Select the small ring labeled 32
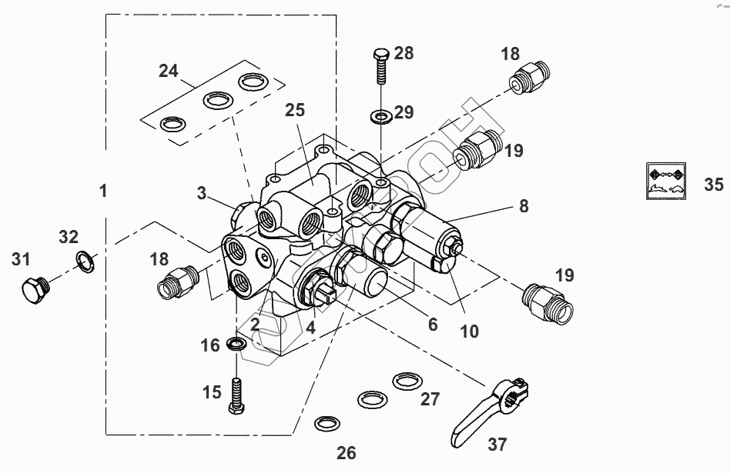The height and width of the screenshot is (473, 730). [x=86, y=262]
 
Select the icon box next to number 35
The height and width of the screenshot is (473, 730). [x=664, y=182]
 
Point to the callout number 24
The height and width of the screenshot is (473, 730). [x=168, y=72]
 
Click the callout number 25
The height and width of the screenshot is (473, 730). [x=294, y=110]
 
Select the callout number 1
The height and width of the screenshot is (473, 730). [x=103, y=190]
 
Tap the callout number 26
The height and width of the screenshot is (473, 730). [x=347, y=452]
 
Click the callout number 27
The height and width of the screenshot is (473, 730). [x=430, y=399]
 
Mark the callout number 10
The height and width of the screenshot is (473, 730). [x=469, y=331]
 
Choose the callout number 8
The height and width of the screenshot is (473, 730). [x=523, y=205]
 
